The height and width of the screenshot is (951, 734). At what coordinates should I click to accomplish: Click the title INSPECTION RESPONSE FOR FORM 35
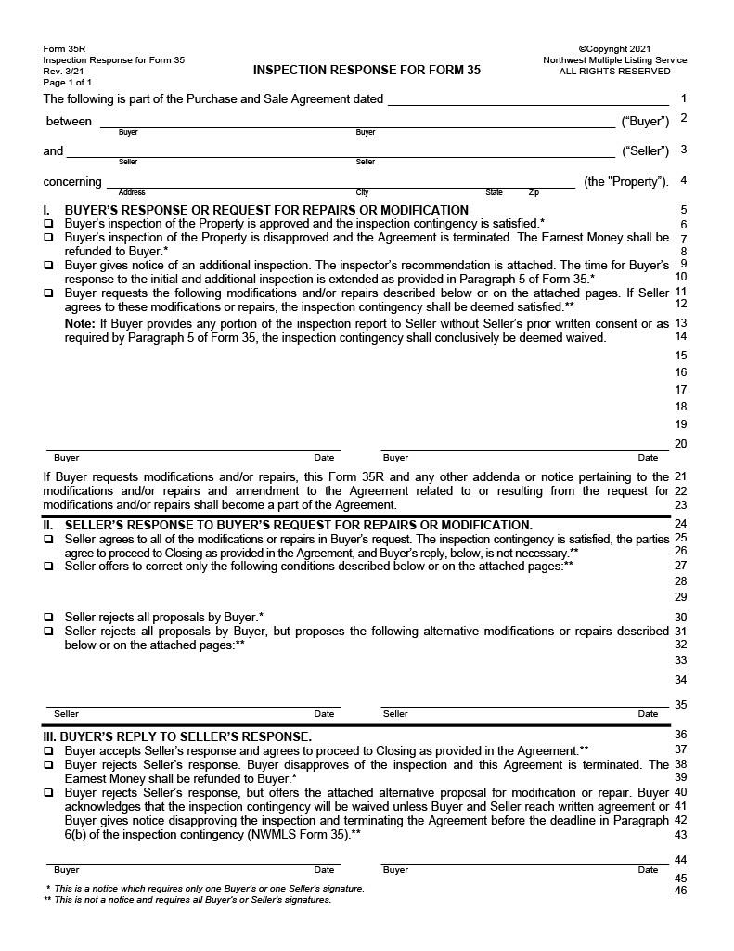pos(367,71)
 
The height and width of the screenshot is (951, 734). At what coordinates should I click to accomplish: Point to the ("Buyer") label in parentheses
pos(645,122)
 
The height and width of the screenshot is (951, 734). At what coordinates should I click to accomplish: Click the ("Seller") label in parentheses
pos(645,151)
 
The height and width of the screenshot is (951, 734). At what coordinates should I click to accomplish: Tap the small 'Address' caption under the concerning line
pos(132,192)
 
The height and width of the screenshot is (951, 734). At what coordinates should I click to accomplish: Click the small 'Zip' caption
pos(534,192)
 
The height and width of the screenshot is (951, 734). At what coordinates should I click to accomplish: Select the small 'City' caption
pos(363,192)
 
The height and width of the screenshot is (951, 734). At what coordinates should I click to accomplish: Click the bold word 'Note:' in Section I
pos(80,323)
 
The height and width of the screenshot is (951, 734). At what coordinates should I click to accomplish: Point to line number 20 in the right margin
pos(681,444)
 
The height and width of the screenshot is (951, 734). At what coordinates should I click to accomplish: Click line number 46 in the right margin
pos(681,892)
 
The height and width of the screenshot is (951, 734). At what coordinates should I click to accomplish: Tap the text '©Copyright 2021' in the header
pos(614,49)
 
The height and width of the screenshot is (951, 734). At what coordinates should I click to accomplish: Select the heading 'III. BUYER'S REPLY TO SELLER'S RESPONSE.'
pos(177,736)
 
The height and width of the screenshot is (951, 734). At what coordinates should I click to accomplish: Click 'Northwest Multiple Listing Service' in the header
pos(614,60)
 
